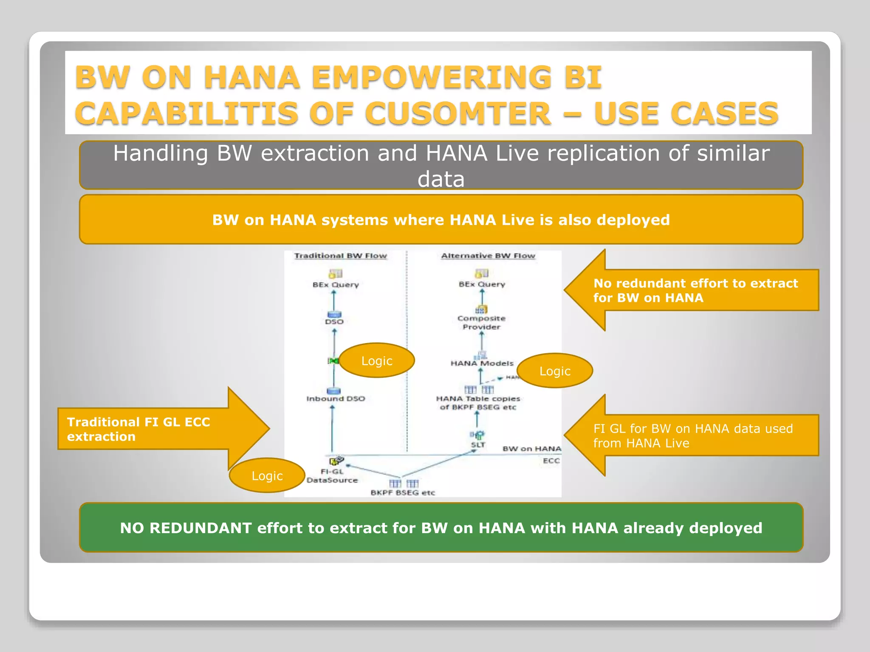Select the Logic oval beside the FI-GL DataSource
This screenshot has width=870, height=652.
coord(267,476)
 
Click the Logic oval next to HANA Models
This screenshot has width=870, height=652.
coord(554,371)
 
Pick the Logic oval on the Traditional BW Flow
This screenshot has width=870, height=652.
coord(376,361)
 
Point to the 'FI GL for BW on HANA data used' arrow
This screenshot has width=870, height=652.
coord(692,436)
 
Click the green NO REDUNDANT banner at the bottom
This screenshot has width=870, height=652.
coord(441,528)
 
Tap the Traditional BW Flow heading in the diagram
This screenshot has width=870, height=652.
coord(341,256)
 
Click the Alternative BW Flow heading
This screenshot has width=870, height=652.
coord(488,256)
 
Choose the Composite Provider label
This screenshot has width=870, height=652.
coord(481,323)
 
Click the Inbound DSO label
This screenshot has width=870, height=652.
coord(336,399)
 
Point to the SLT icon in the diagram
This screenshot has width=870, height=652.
coord(477,435)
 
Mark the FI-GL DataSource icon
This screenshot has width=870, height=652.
coord(336,461)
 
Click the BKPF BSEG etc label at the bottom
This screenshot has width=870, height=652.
coord(403,493)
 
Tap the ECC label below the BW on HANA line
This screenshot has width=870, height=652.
coord(551,461)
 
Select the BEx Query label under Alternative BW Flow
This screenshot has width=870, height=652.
coord(482,284)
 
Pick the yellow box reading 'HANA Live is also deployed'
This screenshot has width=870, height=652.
coord(441,220)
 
